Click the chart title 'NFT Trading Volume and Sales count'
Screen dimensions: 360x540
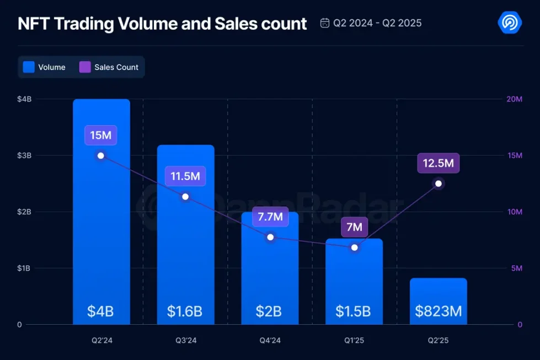162,24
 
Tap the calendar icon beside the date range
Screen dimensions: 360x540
325,23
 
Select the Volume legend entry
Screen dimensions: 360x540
45,67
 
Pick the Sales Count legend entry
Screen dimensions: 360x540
109,67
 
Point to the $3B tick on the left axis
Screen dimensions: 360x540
24,155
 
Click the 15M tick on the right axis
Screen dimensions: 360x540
514,155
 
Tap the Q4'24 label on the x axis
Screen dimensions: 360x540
270,340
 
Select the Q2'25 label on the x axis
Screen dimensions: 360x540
438,340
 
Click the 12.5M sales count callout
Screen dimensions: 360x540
438,163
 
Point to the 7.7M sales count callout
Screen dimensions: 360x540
270,217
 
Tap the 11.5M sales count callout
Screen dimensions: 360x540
185,176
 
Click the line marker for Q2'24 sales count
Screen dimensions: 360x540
101,155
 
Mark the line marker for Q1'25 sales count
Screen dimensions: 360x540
354,248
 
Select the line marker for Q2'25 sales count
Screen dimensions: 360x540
439,184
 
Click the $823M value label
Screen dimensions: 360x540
438,311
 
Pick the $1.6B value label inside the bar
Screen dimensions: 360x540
185,311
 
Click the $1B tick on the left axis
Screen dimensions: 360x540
24,268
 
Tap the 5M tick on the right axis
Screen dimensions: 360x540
515,268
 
